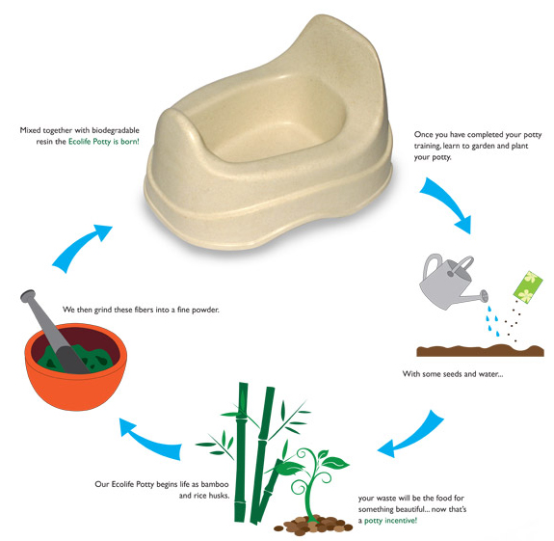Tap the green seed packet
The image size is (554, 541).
(528, 286)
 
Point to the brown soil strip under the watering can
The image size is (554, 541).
(480, 350)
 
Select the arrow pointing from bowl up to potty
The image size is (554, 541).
(80, 248)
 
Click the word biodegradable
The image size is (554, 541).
(116, 130)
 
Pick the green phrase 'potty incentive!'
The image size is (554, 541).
(390, 521)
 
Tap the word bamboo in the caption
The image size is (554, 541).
(215, 484)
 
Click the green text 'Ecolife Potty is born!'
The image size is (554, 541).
(104, 142)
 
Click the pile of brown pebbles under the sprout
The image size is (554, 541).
(314, 524)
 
